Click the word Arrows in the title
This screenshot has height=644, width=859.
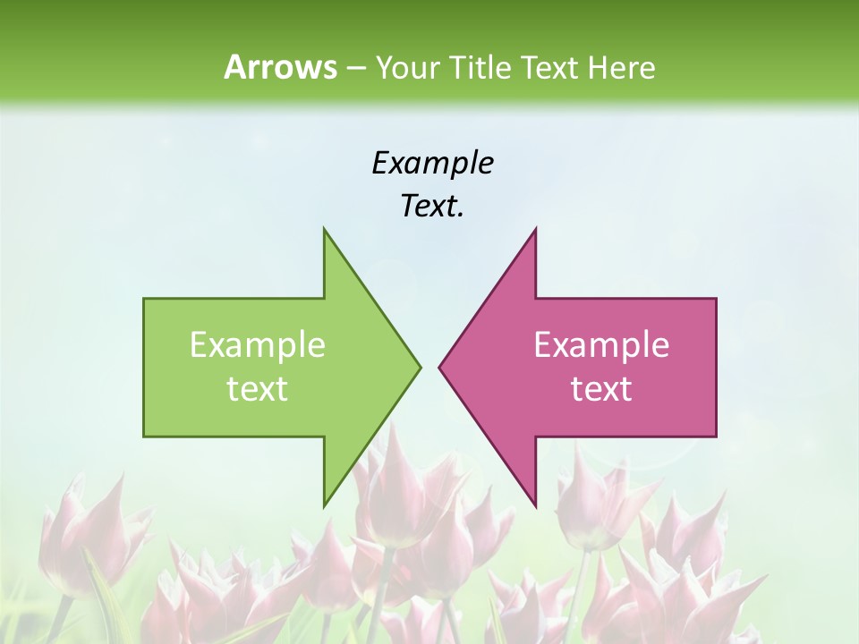[x=279, y=67]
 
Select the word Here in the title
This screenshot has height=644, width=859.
[x=621, y=67]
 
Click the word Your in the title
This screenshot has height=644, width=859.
[x=406, y=67]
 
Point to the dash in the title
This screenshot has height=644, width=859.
[x=355, y=68]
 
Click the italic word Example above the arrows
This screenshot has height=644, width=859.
[x=432, y=163]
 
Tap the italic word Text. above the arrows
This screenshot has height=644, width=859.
[x=432, y=207]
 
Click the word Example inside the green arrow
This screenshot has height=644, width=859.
[x=258, y=345]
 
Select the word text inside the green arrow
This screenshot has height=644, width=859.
[x=258, y=389]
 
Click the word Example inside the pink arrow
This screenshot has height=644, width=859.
[x=601, y=345]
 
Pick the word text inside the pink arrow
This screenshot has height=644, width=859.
[x=601, y=389]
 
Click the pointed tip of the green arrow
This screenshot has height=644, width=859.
[x=421, y=367]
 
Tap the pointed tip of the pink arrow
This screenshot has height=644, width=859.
[x=439, y=367]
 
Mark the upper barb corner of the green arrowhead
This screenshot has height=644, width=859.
[x=324, y=229]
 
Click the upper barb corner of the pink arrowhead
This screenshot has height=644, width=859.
[x=535, y=229]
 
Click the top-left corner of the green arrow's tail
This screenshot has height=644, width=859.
[x=144, y=299]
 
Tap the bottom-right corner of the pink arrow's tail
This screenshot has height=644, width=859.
[x=716, y=436]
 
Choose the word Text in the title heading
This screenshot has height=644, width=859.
[x=549, y=67]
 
